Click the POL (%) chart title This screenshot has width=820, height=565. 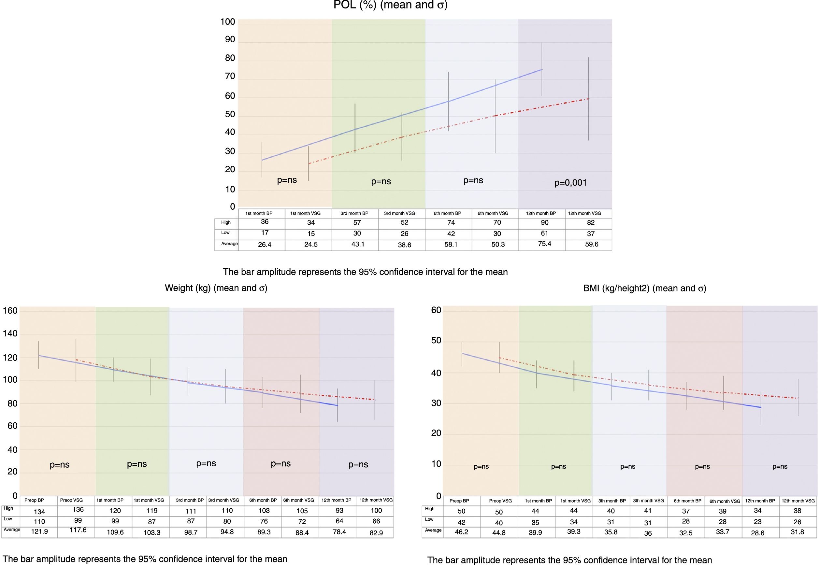390,5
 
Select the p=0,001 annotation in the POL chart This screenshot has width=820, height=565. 570,183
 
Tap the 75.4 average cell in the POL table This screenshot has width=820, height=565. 544,244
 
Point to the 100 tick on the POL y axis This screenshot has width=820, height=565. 228,22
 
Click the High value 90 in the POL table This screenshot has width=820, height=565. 544,223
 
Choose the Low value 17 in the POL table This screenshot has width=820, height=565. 265,233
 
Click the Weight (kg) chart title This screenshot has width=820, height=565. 216,288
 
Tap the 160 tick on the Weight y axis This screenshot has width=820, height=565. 10,311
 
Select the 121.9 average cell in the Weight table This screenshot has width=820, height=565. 39,532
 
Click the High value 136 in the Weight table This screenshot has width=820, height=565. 78,509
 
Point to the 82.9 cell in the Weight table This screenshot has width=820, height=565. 376,533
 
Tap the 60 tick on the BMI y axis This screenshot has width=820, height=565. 436,310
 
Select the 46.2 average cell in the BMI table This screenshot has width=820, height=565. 461,532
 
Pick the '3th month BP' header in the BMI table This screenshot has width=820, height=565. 612,501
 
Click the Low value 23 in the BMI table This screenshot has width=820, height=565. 758,522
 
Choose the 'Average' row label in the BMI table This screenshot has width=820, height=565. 433,530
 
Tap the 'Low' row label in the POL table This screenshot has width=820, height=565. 225,233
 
